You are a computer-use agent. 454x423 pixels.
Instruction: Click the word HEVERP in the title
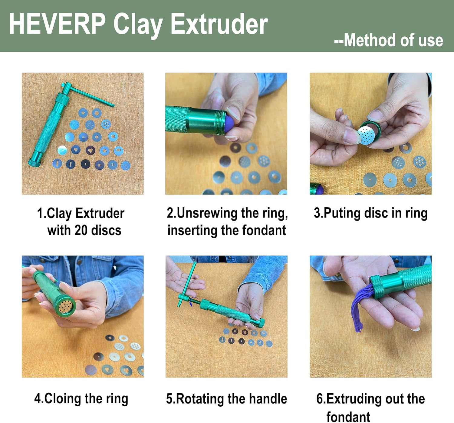(x=57, y=24)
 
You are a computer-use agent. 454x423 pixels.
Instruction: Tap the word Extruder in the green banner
(x=219, y=24)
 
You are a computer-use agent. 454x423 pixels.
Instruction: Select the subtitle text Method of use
(x=393, y=40)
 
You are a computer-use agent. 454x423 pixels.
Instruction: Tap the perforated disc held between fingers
(x=366, y=135)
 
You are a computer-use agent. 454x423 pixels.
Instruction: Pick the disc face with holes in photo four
(x=65, y=306)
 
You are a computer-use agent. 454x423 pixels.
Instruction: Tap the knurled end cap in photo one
(x=35, y=162)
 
